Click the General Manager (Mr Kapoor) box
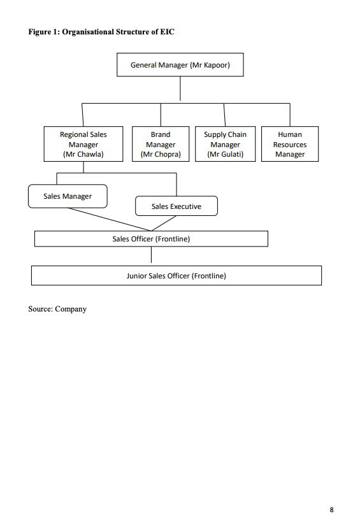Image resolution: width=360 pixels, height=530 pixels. (180, 65)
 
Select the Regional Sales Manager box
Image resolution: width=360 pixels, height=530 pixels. (83, 144)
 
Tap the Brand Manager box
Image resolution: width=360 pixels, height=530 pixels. (161, 144)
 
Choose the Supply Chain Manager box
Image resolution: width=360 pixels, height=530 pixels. (225, 144)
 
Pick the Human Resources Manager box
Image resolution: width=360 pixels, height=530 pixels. (290, 144)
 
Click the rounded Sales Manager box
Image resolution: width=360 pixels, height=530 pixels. (68, 196)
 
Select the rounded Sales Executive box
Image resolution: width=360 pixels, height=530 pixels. (176, 206)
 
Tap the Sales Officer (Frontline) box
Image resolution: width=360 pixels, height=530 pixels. (151, 239)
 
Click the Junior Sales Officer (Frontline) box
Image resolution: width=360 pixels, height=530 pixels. (176, 276)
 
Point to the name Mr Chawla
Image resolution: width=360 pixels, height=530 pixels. (83, 154)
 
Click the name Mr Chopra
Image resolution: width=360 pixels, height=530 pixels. (161, 154)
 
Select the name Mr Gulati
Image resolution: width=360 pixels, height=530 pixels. (225, 154)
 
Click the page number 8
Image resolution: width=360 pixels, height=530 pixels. (331, 510)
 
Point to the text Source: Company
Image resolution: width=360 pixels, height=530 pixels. (57, 309)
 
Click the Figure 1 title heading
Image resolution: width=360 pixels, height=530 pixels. (101, 31)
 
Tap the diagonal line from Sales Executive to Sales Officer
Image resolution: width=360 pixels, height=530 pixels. (164, 223)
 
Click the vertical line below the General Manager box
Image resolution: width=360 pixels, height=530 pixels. (180, 89)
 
